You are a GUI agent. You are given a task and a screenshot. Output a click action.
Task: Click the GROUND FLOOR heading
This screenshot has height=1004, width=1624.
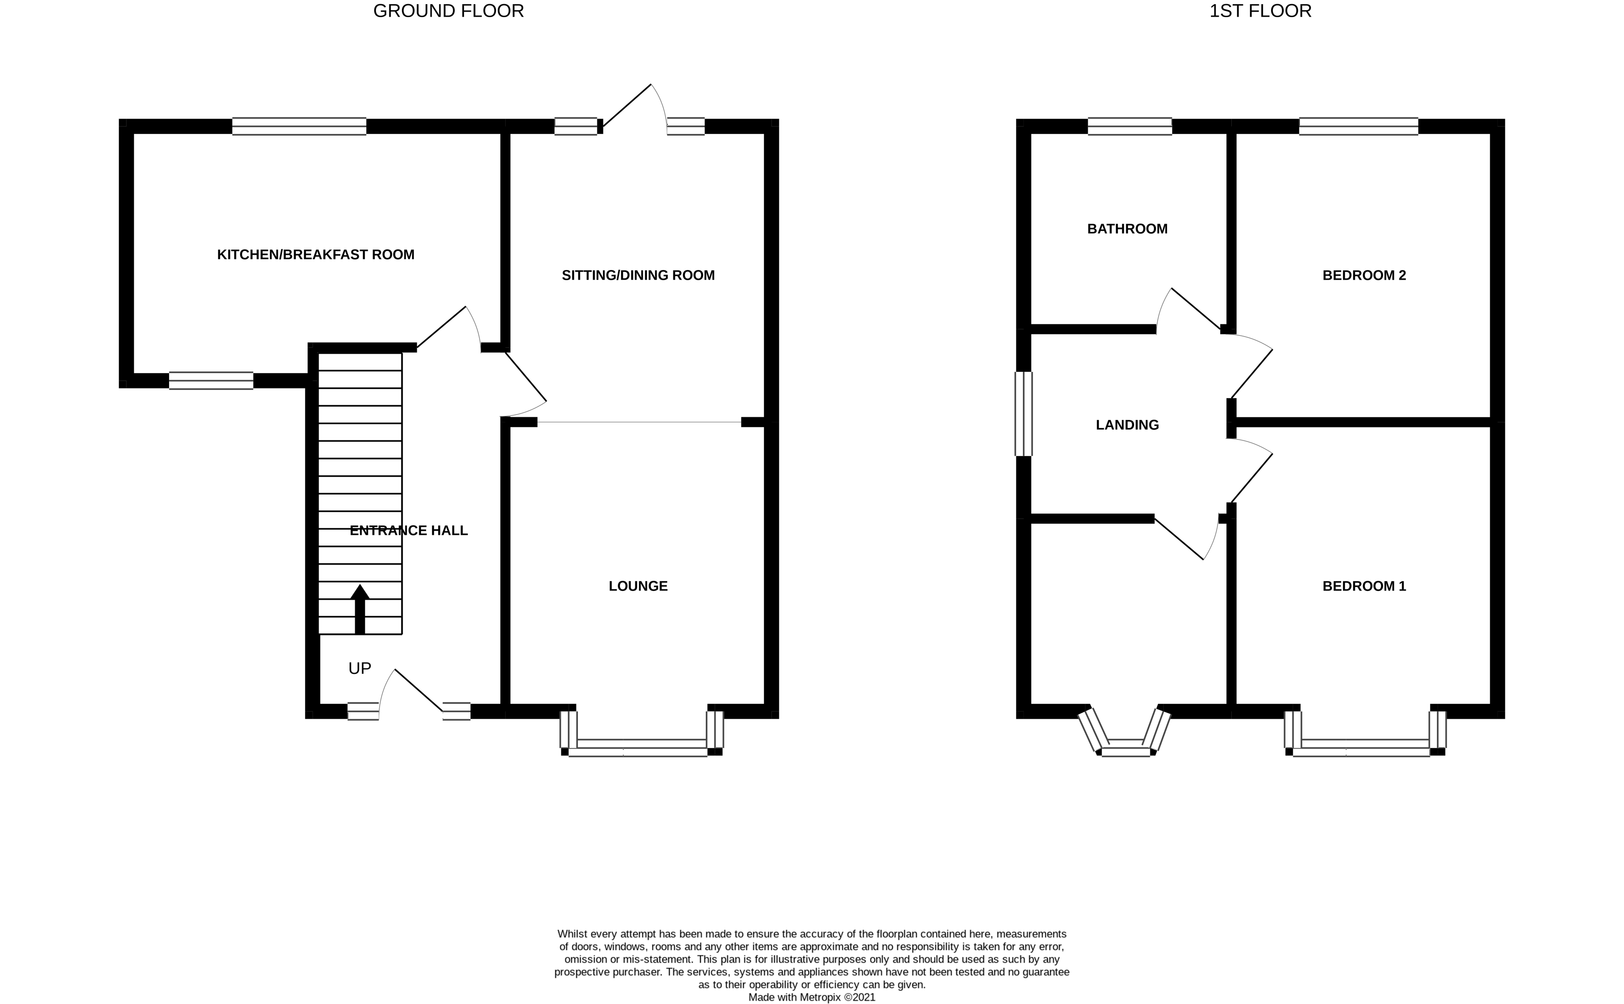(x=448, y=11)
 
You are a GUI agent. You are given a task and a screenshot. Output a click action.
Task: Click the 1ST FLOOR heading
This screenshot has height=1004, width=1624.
(x=1260, y=11)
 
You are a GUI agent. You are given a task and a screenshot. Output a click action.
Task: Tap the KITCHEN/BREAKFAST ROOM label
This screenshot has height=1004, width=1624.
(x=315, y=254)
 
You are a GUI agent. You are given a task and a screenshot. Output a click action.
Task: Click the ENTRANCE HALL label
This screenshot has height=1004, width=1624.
(x=408, y=530)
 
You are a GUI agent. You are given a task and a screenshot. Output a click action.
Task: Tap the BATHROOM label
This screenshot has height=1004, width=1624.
(x=1127, y=228)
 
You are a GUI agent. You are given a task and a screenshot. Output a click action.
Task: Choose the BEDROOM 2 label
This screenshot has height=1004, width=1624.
(x=1364, y=275)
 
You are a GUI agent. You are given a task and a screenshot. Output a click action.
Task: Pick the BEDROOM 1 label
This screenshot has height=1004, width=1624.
(x=1364, y=586)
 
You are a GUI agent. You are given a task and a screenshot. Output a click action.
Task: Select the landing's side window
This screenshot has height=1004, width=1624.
(x=1024, y=414)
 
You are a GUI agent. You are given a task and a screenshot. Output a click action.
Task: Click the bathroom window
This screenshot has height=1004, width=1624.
(x=1129, y=126)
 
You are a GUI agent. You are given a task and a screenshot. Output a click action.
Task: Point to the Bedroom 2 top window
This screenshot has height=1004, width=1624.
(x=1358, y=126)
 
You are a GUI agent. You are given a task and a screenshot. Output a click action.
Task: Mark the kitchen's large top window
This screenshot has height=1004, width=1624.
(x=299, y=126)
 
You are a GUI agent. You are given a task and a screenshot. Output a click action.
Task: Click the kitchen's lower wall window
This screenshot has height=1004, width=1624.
(x=211, y=381)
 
